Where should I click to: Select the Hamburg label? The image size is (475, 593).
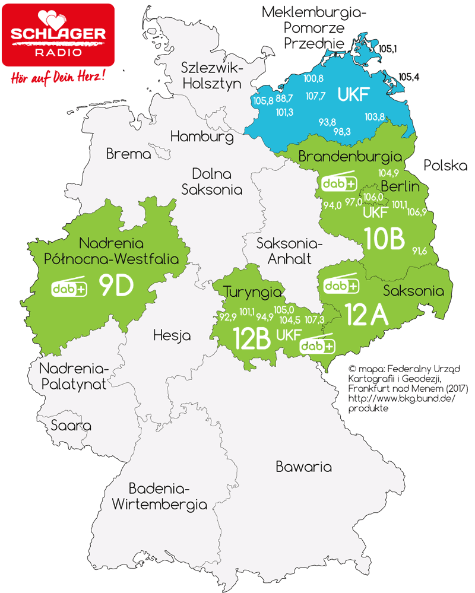[x=202, y=137]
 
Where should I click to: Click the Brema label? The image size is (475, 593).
[x=129, y=154]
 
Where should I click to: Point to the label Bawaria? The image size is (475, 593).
[x=303, y=467]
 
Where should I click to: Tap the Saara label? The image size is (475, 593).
[x=71, y=426]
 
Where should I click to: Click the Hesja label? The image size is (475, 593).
[x=172, y=335]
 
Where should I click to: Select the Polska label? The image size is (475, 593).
[x=446, y=166]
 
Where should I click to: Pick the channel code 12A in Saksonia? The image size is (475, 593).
[x=366, y=316]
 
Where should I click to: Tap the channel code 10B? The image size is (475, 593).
[x=385, y=239]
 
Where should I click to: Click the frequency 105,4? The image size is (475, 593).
[x=410, y=77]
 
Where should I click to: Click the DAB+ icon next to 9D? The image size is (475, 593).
[x=69, y=287]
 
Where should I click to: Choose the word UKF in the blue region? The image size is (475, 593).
[x=354, y=94]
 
